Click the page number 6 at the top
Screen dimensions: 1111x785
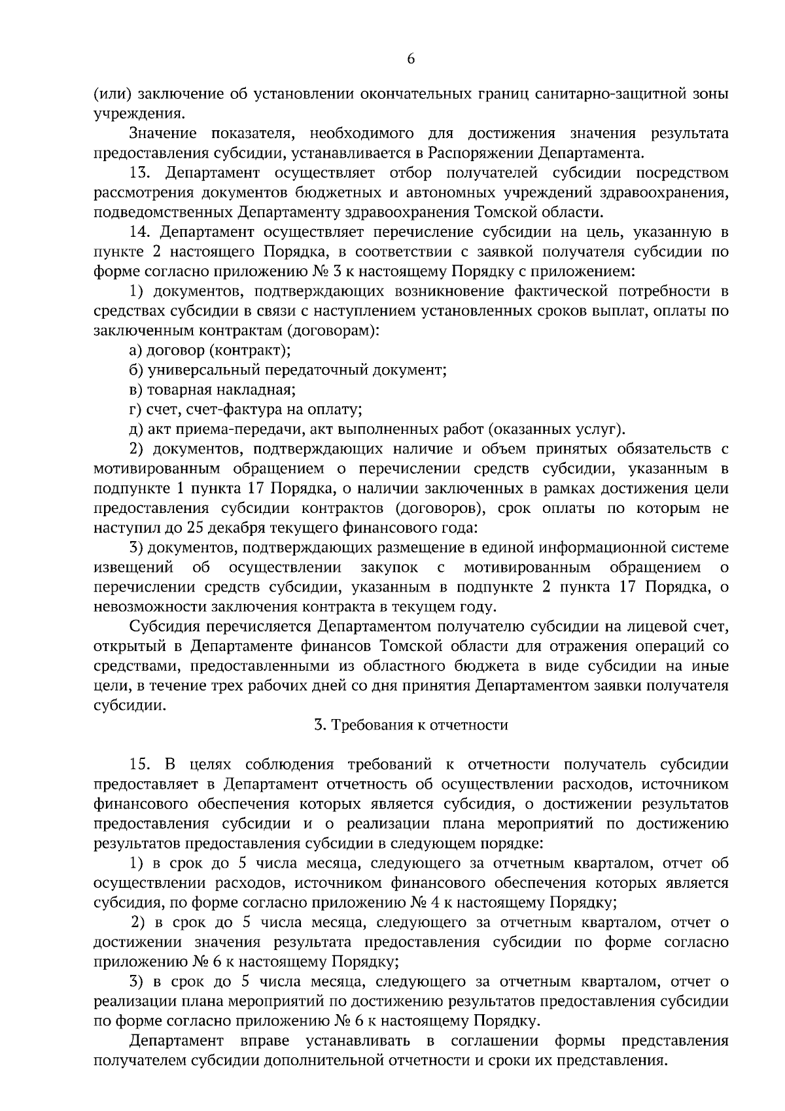coord(411,60)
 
